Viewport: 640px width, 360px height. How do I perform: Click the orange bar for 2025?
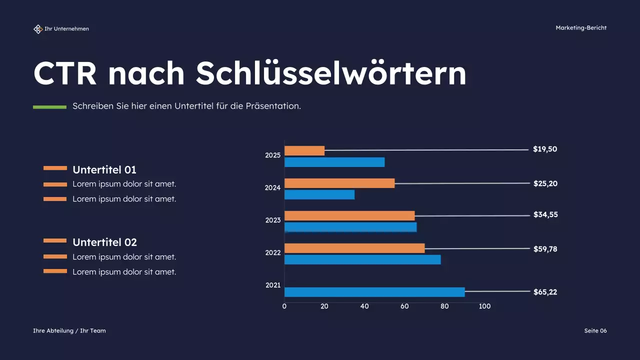coord(304,150)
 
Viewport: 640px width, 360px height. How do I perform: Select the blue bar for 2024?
coord(319,194)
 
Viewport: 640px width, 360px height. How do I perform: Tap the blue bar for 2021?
coord(374,292)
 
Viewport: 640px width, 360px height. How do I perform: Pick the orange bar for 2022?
coord(354,248)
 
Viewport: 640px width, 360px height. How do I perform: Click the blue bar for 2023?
coord(350,227)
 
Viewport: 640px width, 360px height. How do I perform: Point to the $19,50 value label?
coord(545,149)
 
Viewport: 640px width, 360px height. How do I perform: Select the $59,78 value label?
coord(545,248)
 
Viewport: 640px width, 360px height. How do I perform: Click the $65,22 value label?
coord(545,292)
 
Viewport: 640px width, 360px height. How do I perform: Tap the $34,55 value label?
coord(545,214)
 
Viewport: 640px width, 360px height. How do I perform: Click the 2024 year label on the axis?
coord(273,188)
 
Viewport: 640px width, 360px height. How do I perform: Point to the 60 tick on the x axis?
coord(404,306)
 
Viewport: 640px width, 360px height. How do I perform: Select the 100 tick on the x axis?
coord(484,306)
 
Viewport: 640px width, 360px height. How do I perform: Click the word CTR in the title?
coord(65,73)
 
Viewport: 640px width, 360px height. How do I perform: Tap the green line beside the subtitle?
coord(49,106)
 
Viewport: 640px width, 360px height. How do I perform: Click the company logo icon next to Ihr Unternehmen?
coord(38,29)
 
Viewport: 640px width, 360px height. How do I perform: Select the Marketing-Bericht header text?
coord(581,28)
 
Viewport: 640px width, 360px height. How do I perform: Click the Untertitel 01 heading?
coord(104,169)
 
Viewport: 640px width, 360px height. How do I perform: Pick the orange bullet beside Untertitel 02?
coord(55,240)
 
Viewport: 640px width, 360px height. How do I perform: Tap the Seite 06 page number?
coord(595,330)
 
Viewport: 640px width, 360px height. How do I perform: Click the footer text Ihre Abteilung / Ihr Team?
coord(69,330)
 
